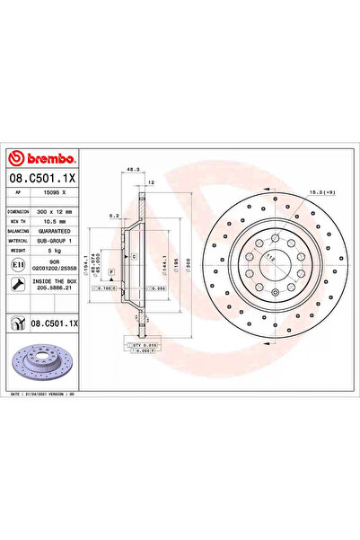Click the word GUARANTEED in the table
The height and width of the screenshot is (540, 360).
[57, 230]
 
